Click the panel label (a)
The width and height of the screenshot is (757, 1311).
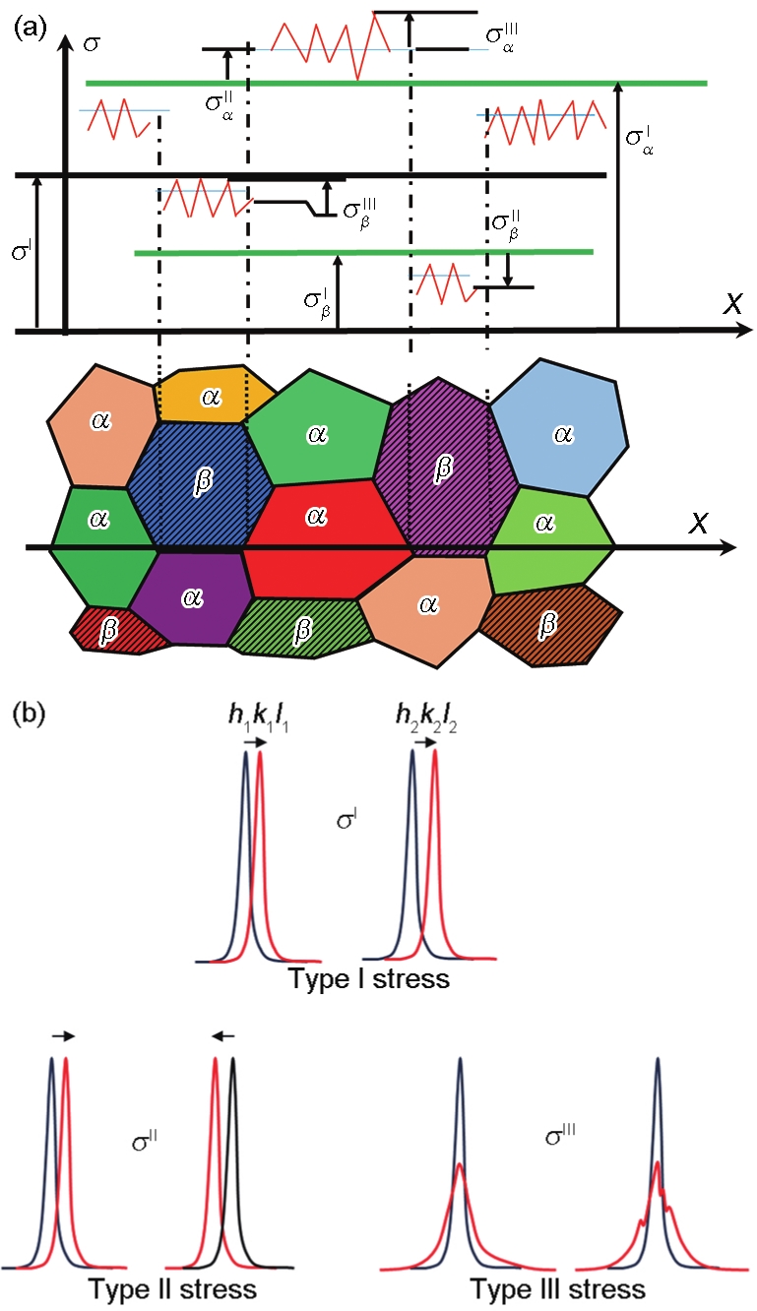30,29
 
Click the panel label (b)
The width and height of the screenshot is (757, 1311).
29,715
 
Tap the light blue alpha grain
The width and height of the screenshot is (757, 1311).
560,428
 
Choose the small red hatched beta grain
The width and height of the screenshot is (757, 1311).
118,631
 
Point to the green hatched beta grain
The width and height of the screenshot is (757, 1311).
300,628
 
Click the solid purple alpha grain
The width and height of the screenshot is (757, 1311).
191,597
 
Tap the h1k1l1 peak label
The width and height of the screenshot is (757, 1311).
258,717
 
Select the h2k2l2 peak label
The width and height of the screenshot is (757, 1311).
426,717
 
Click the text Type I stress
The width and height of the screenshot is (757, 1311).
369,978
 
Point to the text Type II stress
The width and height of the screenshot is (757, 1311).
172,1288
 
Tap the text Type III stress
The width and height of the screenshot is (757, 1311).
557,1288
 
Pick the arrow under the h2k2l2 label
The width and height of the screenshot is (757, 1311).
425,743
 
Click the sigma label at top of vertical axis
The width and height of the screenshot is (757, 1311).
92,44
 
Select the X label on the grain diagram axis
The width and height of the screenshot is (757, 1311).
698,522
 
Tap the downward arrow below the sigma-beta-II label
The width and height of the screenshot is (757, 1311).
508,270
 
